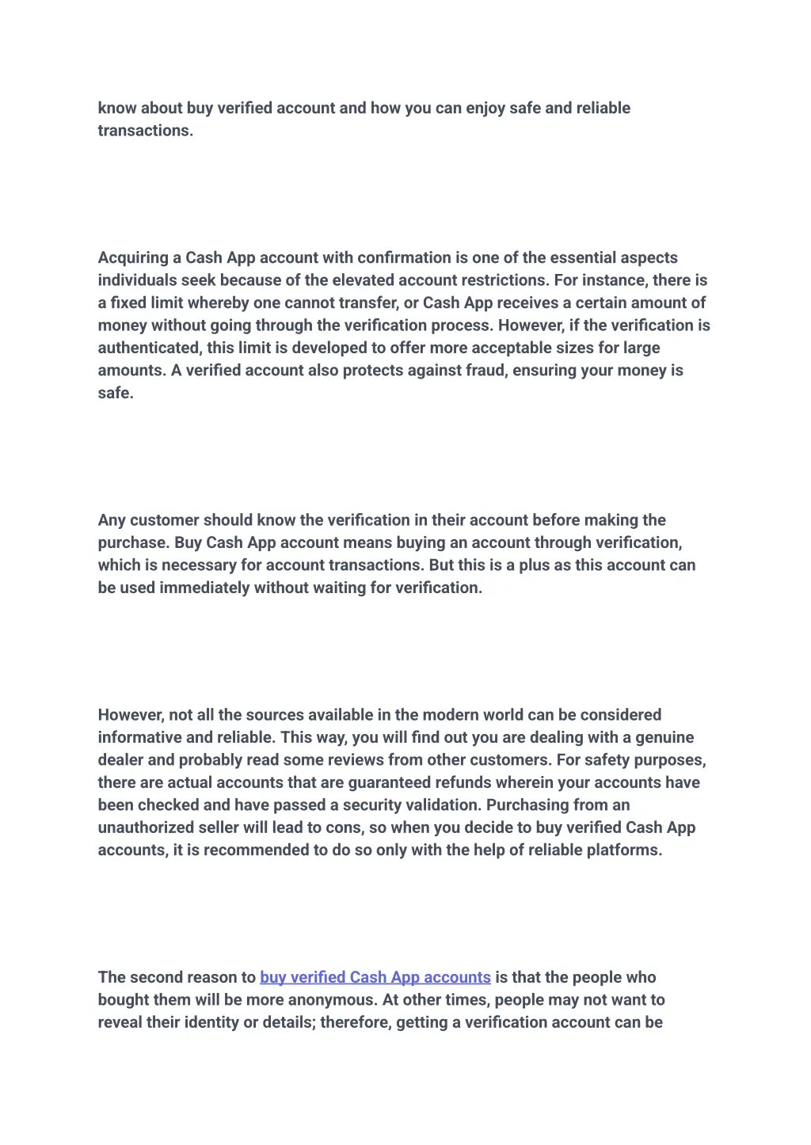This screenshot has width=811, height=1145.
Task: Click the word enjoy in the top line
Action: [x=485, y=108]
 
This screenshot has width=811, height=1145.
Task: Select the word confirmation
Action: [x=404, y=258]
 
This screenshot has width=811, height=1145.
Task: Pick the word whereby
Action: [x=218, y=303]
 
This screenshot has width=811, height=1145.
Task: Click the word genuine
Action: [x=664, y=738]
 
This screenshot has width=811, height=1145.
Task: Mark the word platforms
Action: [x=624, y=850]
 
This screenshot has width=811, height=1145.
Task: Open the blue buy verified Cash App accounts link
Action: [x=375, y=978]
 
